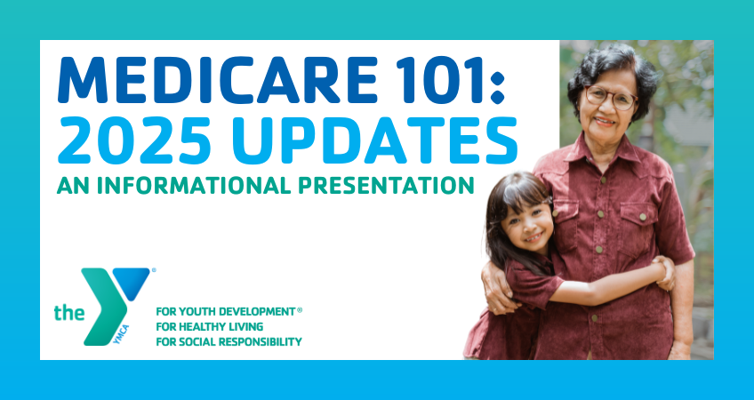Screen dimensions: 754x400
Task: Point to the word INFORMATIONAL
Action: (195, 185)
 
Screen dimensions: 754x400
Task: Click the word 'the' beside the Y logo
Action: (68, 313)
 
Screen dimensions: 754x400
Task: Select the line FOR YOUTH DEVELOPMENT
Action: (226, 311)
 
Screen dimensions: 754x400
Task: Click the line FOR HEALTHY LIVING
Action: (209, 326)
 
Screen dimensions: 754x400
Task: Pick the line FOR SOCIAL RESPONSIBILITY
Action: (229, 342)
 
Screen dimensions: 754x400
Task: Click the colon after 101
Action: (497, 86)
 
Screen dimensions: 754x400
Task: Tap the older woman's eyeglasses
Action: (611, 97)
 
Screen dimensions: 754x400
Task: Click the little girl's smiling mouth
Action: (532, 237)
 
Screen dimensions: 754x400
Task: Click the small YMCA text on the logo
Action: (122, 334)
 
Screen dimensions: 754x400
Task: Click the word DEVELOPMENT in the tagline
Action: (257, 311)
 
